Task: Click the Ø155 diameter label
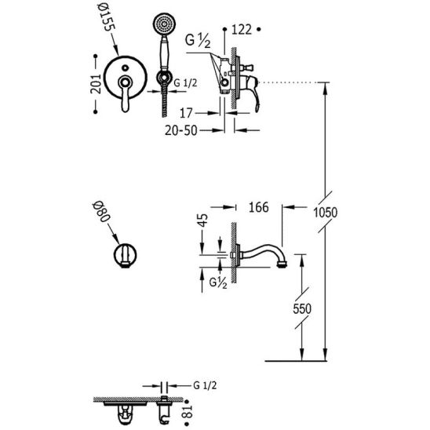pyautogui.click(x=106, y=16)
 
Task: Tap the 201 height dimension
pyautogui.click(x=96, y=84)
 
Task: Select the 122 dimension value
pyautogui.click(x=242, y=29)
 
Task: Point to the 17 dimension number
pyautogui.click(x=186, y=113)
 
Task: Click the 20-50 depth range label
pyautogui.click(x=181, y=130)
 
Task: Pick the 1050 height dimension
pyautogui.click(x=325, y=213)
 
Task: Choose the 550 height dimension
pyautogui.click(x=302, y=309)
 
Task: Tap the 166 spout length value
pyautogui.click(x=258, y=207)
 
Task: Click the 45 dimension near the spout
pyautogui.click(x=203, y=220)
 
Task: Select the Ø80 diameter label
pyautogui.click(x=101, y=212)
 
